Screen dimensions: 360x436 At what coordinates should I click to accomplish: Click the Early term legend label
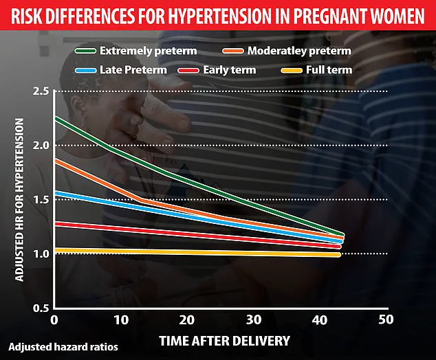pos(230,70)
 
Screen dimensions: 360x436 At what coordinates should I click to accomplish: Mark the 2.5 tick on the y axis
pos(41,92)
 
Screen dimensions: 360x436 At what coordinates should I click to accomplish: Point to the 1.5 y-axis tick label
pos(41,200)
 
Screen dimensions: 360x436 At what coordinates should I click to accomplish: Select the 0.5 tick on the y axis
pos(41,308)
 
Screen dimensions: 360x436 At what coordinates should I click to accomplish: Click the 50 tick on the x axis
pos(386,321)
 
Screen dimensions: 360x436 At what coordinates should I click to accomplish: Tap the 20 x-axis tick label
pos(186,321)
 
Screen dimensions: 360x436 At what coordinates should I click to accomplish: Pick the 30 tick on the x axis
pos(252,321)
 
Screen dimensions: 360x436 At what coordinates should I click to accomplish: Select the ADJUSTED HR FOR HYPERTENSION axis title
pos(20,199)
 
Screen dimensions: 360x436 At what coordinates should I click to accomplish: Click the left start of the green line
pos(55,118)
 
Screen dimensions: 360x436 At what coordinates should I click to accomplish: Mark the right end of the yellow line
pos(339,255)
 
